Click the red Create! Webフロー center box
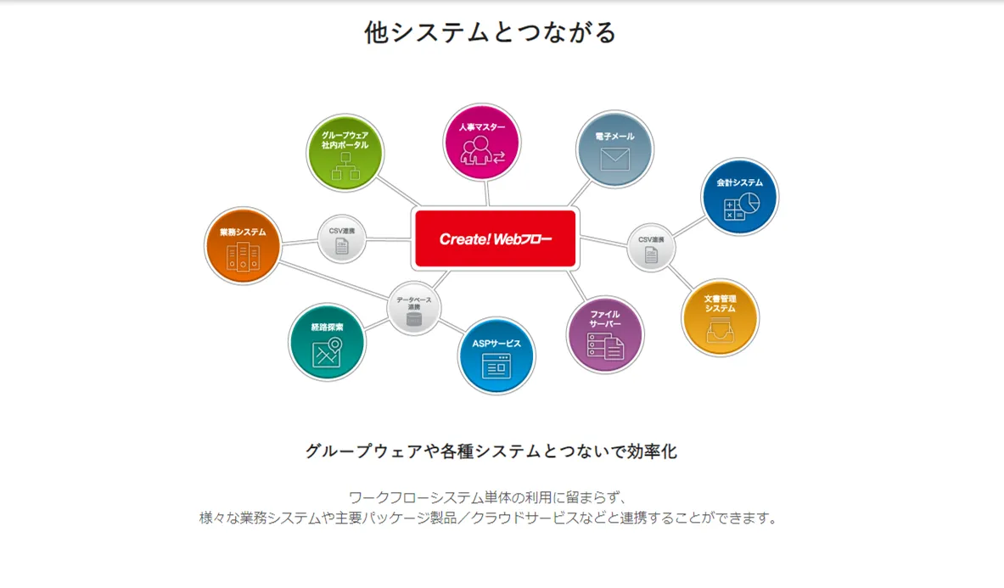(495, 238)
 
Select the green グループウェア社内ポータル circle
(345, 153)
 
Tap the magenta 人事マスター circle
(482, 142)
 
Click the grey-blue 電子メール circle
(614, 150)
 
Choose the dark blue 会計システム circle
(738, 196)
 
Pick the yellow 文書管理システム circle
(720, 317)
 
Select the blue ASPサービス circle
(496, 356)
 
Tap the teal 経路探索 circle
(327, 341)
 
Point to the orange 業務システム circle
(243, 245)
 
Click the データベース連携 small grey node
(414, 308)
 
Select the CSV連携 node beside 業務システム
(342, 239)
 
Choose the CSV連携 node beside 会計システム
(651, 247)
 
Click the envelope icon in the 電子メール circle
(614, 159)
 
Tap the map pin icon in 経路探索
(335, 344)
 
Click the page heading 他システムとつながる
(491, 32)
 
